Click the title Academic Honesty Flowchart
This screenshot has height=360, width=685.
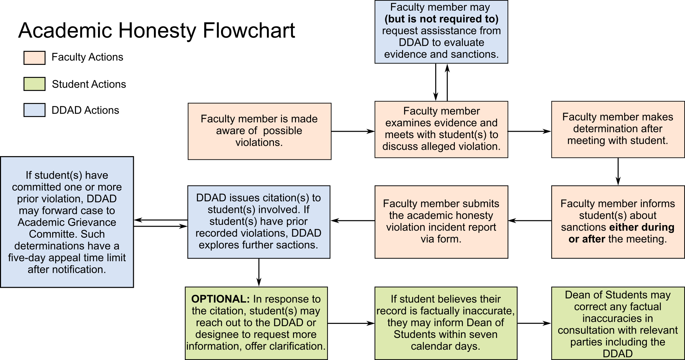pos(157,31)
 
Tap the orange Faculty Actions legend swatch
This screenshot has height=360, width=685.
pos(34,57)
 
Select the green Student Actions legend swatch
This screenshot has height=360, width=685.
pos(34,84)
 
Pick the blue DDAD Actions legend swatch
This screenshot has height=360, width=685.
pos(34,110)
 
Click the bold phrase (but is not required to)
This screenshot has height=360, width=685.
pos(441,19)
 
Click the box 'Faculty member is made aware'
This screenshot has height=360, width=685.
pos(259,131)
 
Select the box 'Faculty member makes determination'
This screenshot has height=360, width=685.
pos(617,129)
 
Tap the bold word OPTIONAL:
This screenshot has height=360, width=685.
pos(220,299)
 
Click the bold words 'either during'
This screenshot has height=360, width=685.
pos(642,227)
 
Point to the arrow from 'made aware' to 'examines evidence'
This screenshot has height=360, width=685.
pos(353,131)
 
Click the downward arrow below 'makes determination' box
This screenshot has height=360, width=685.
pos(618,171)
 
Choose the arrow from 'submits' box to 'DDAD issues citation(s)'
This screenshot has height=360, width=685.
pos(353,221)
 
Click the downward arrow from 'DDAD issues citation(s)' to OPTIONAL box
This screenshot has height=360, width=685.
pos(259,272)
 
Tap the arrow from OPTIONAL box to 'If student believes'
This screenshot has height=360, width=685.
pos(351,323)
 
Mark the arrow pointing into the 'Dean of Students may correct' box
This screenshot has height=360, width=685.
pos(534,323)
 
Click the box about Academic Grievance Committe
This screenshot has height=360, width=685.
pos(67,222)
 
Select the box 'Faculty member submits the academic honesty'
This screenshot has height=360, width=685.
pos(441,222)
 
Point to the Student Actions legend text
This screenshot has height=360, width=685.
pos(89,84)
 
